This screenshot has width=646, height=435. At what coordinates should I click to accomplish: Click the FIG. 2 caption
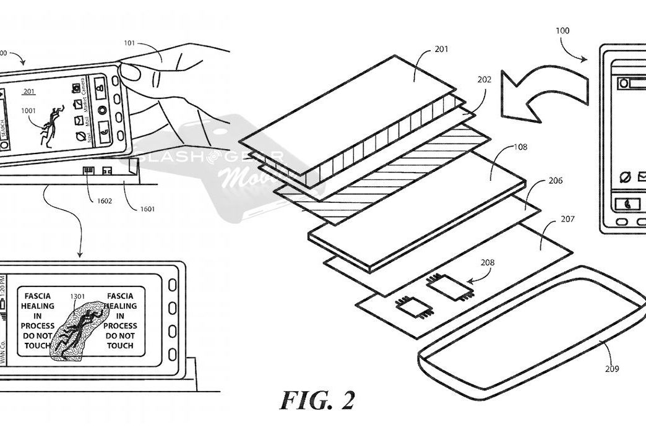[317, 400]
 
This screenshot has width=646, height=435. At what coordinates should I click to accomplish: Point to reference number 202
[484, 80]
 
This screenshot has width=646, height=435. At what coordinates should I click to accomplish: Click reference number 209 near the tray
[612, 370]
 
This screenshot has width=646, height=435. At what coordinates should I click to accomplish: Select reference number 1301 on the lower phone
[79, 296]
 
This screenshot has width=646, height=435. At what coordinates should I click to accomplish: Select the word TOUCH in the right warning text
[120, 345]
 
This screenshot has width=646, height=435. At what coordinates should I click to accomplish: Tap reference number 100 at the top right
[563, 30]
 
